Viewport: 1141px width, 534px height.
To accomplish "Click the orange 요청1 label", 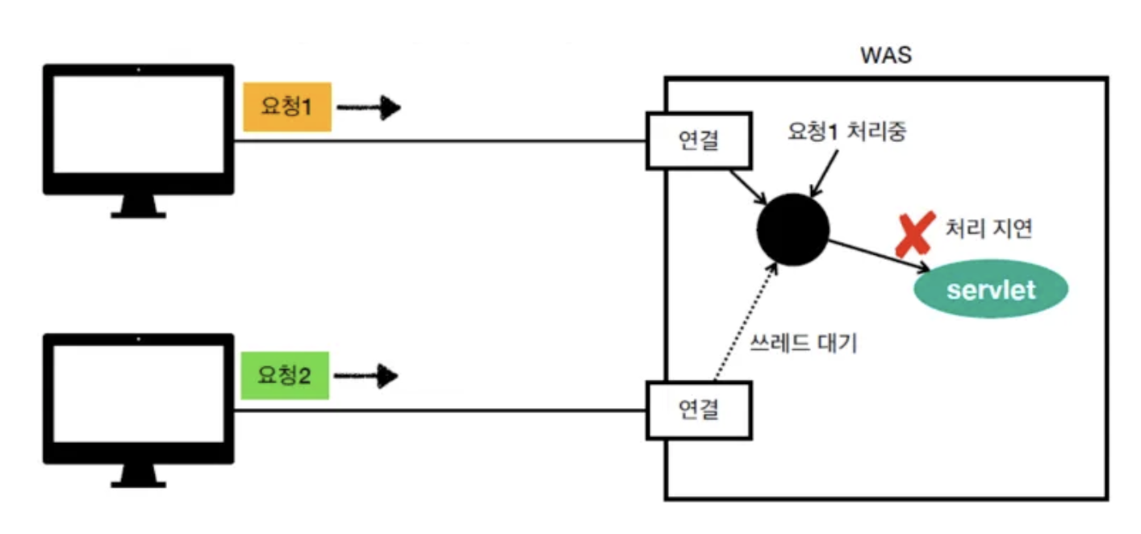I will (x=287, y=106).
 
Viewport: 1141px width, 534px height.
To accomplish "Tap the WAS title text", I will (x=886, y=56).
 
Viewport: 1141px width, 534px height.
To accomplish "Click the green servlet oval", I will (x=990, y=290).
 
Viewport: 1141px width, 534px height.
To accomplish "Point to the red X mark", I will (x=911, y=233).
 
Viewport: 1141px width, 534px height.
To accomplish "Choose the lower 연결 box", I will (x=699, y=410).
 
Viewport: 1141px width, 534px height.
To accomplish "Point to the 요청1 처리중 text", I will (x=846, y=132).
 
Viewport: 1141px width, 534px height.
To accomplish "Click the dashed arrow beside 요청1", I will (x=368, y=107).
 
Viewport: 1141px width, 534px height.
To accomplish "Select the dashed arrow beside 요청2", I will (x=366, y=376).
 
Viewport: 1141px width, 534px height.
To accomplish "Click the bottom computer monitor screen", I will (x=138, y=396).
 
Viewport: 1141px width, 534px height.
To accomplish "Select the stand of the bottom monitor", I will (x=138, y=476).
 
